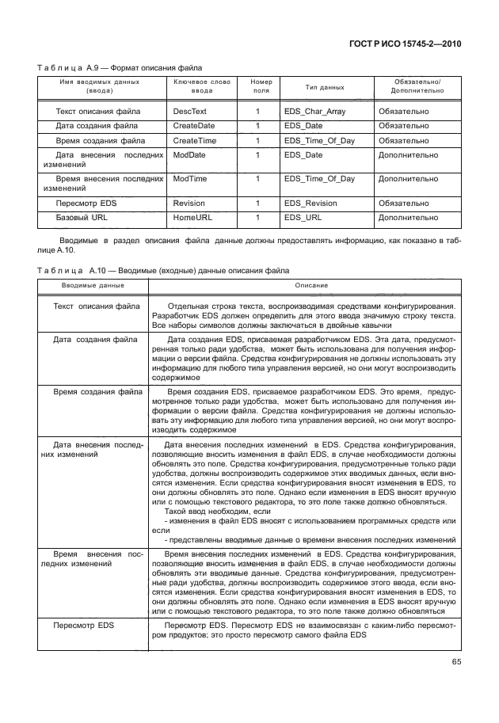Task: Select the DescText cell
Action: (x=189, y=112)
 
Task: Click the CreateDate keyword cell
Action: (x=194, y=126)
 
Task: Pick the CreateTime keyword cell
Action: (x=195, y=140)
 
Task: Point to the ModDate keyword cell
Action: (x=189, y=155)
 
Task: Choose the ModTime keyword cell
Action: (x=189, y=179)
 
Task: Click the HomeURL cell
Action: (x=192, y=217)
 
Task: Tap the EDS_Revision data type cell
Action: (x=310, y=204)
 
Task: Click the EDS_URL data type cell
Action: (x=303, y=217)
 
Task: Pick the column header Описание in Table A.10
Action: (x=311, y=284)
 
